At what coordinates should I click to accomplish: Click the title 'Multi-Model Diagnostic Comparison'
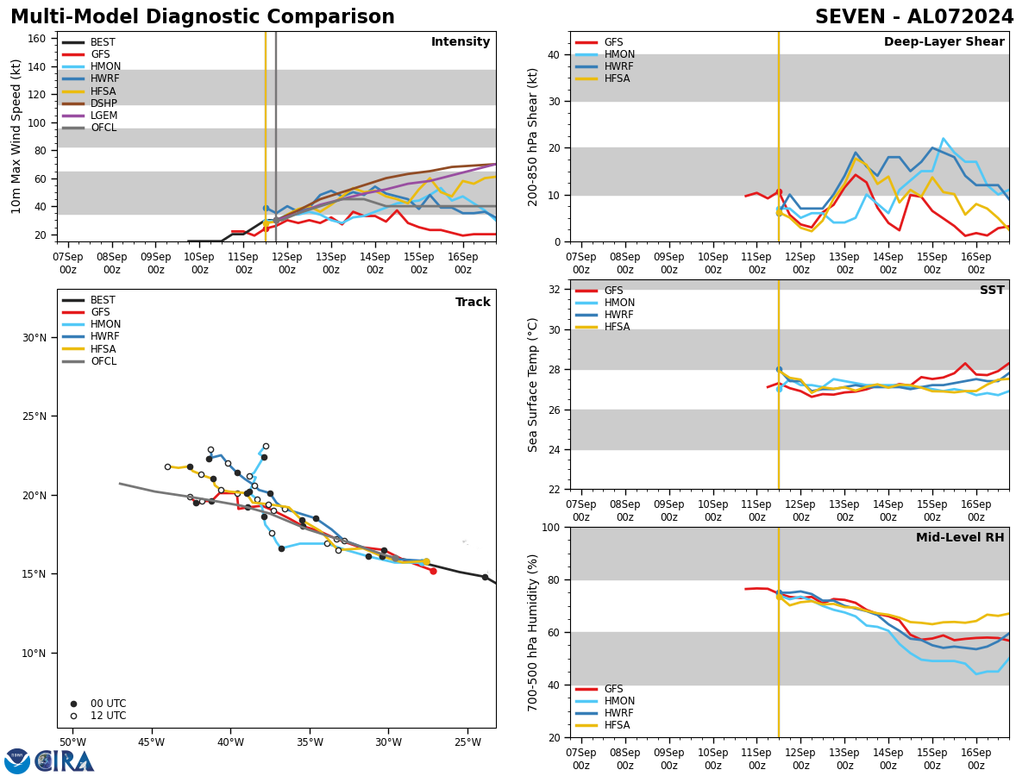[x=202, y=17]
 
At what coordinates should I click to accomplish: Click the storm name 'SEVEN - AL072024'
[x=914, y=17]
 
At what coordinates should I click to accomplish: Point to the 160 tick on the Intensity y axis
[x=37, y=39]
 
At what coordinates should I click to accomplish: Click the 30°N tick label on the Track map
[x=34, y=337]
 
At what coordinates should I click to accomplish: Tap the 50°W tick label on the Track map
[x=72, y=742]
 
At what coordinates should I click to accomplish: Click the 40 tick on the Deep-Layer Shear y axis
[x=552, y=54]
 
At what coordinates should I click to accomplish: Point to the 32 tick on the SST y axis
[x=552, y=290]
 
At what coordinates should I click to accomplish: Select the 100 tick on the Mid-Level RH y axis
[x=549, y=527]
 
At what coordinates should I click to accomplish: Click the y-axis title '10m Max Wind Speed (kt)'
[x=16, y=136]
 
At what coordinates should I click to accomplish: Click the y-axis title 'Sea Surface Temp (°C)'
[x=533, y=385]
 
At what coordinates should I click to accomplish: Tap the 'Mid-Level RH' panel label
[x=960, y=538]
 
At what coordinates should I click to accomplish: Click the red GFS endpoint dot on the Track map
[x=433, y=571]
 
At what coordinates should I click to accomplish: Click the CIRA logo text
[x=65, y=761]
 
